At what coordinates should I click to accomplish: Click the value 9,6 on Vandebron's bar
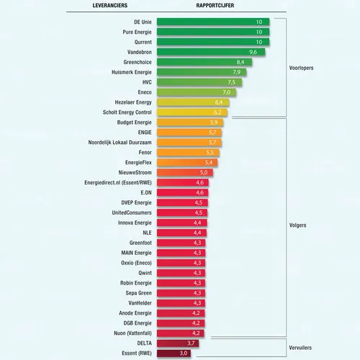click(253, 53)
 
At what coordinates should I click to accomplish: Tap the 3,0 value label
click(184, 354)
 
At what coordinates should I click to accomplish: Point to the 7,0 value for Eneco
click(226, 93)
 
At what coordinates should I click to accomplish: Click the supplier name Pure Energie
click(133, 32)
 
